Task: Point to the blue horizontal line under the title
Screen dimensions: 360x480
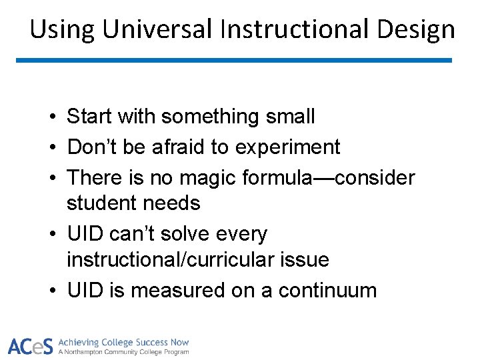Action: [x=233, y=60]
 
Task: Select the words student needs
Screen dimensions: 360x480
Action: [x=133, y=203]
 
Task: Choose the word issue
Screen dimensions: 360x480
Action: [x=306, y=259]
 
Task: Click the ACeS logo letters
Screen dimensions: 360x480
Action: [x=30, y=346]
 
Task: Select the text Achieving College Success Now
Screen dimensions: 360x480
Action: [x=123, y=342]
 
